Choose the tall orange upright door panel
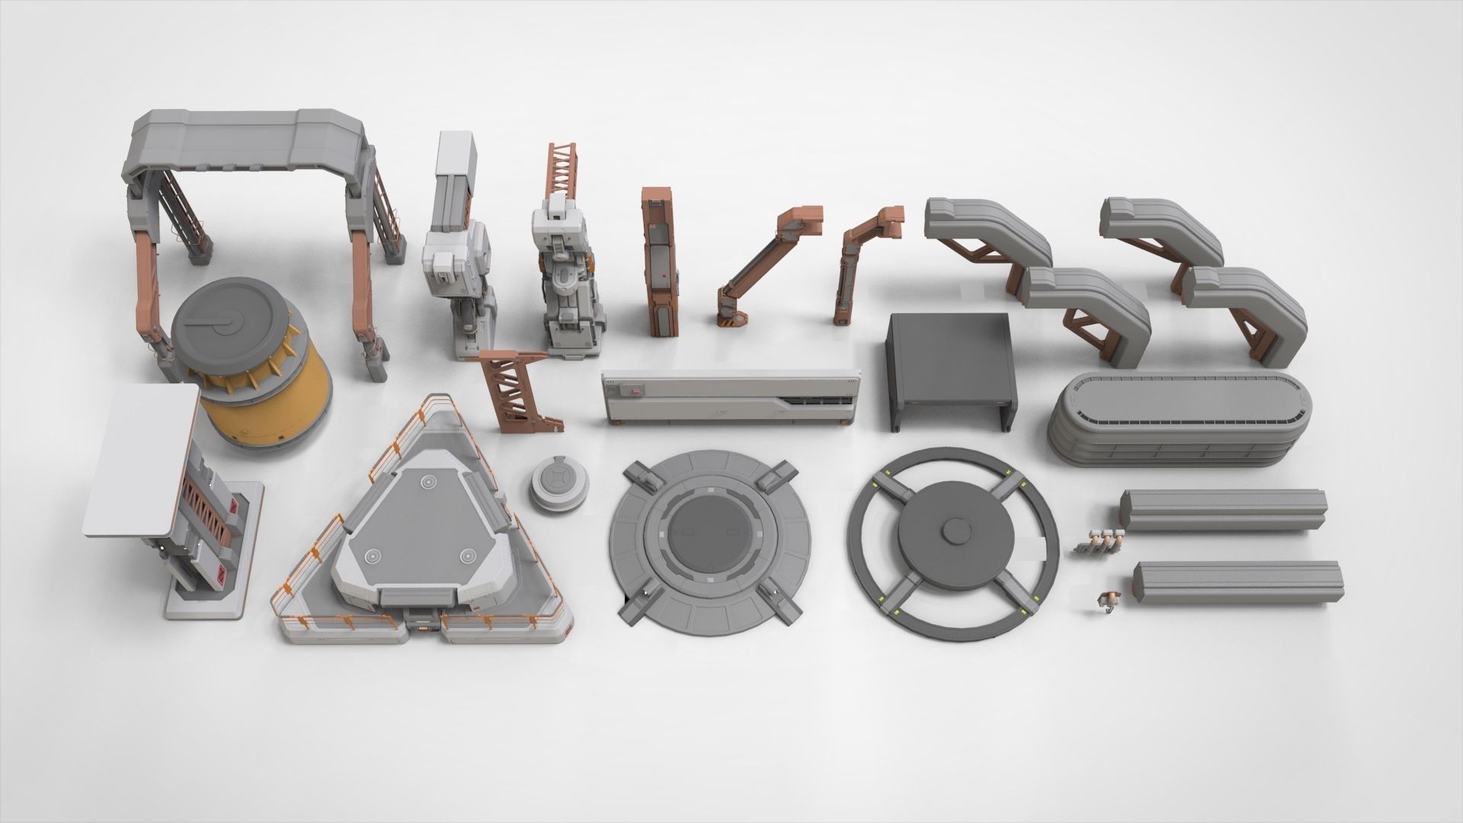point(658,259)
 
